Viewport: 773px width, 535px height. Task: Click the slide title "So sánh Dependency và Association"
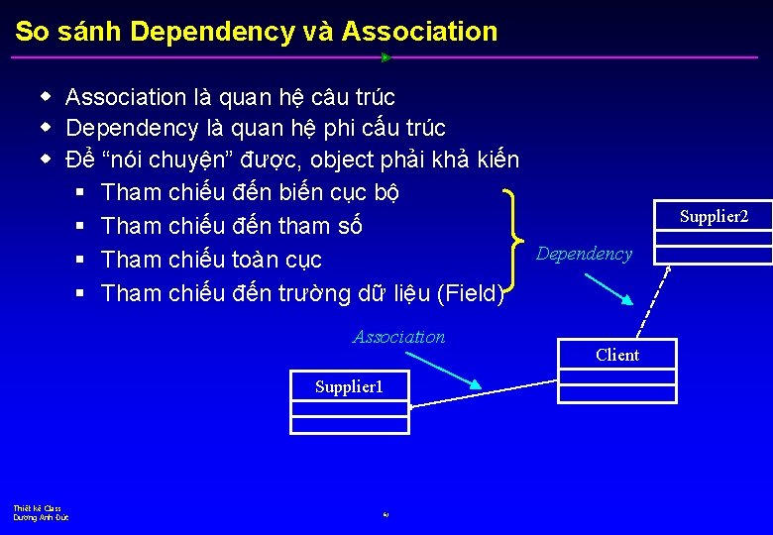[256, 32]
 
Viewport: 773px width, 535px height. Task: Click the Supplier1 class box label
[349, 386]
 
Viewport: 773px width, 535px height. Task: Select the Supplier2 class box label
[714, 216]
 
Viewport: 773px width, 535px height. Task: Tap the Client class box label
[617, 355]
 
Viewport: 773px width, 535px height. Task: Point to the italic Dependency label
[584, 254]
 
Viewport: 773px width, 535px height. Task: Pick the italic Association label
[399, 337]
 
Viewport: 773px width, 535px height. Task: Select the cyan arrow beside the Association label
[445, 371]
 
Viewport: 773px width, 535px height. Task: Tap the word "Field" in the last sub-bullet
[468, 292]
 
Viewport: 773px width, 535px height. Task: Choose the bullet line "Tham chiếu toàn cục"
[212, 260]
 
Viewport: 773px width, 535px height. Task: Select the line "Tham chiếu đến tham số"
[232, 226]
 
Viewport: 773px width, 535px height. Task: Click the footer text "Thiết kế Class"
[37, 508]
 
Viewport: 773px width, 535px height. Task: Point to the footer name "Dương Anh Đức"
[41, 517]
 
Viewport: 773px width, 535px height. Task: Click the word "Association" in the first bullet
[126, 97]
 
